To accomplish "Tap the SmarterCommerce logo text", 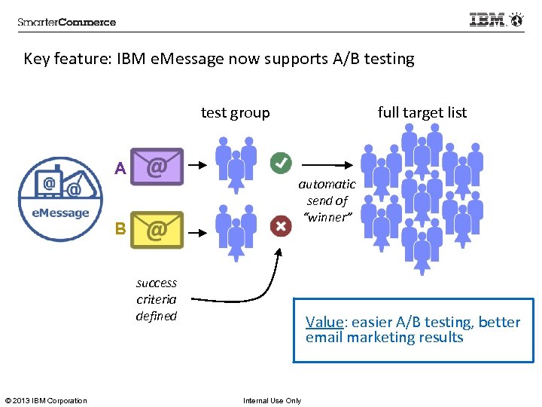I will (x=67, y=22).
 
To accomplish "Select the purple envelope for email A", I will (x=157, y=166).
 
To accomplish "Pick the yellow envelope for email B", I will (x=157, y=229).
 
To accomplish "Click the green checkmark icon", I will (x=281, y=161).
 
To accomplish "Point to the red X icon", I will (x=281, y=225).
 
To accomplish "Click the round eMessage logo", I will (x=60, y=199).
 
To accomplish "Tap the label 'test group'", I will (x=235, y=112).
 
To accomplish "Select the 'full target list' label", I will (x=422, y=112).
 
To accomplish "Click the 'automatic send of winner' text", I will (x=327, y=200).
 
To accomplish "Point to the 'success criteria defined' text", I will (x=157, y=299).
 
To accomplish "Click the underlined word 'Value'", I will (x=324, y=322).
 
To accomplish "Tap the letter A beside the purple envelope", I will (x=120, y=169).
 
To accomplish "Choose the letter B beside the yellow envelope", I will (x=120, y=228).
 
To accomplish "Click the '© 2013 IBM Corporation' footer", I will (x=46, y=400).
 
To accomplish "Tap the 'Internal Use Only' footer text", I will (x=272, y=400).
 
